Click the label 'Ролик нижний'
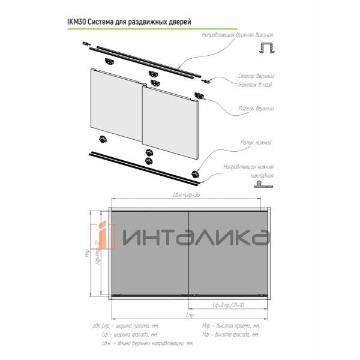click(x=259, y=143)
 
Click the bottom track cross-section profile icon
click(x=265, y=188)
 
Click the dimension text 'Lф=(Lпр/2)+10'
click(x=232, y=306)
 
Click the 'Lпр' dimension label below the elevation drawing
click(x=189, y=314)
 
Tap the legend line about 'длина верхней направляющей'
click(x=148, y=343)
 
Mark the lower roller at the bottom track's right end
click(x=195, y=173)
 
